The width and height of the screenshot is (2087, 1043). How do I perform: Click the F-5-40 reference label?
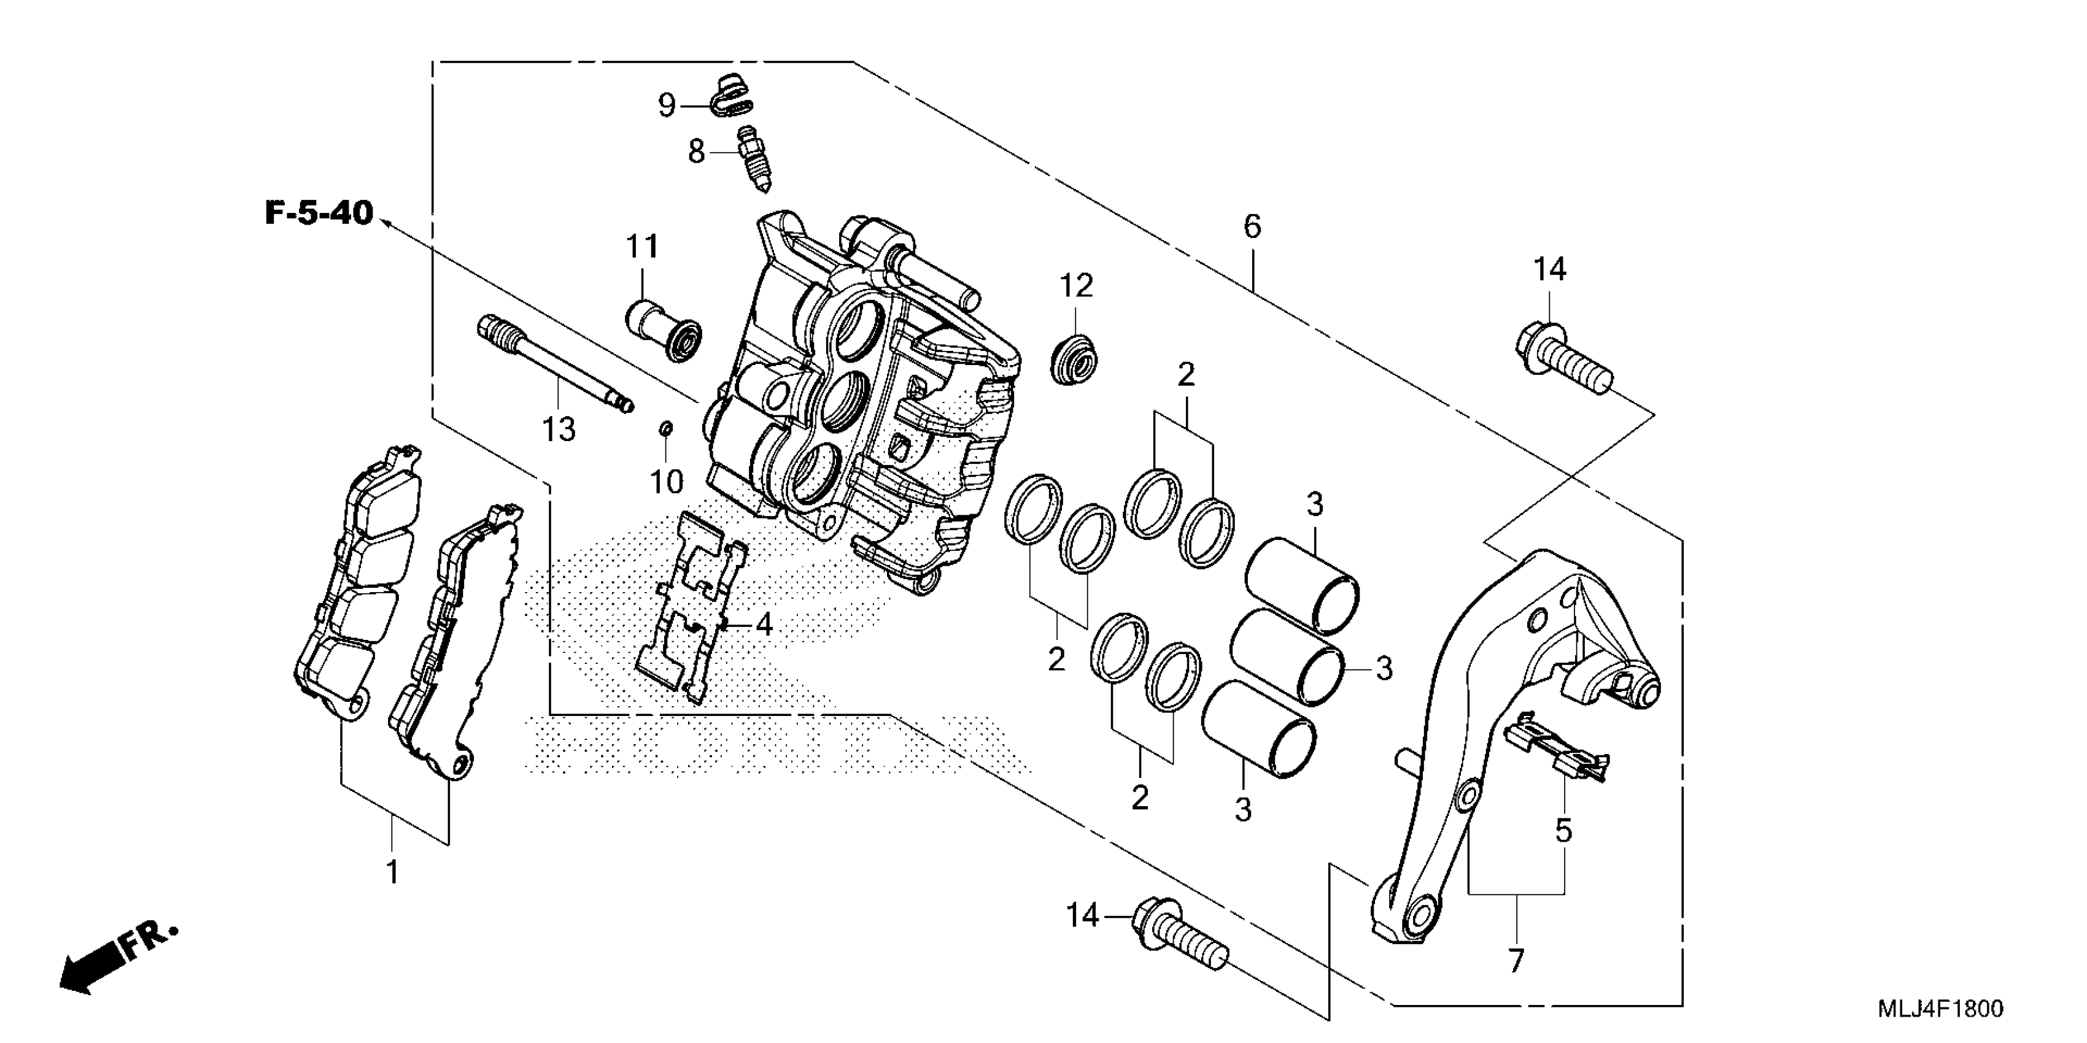tap(319, 213)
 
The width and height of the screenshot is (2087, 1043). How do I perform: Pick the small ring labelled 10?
tap(666, 428)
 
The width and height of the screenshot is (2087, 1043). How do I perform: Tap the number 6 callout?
tap(1252, 228)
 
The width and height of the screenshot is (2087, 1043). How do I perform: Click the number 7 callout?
tap(1515, 961)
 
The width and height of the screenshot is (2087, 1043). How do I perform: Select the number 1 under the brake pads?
tap(392, 874)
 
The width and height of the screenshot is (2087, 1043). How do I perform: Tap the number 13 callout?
tap(558, 430)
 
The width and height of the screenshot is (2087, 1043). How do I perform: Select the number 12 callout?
tap(1076, 286)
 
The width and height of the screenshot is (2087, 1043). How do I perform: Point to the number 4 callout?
tap(762, 625)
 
